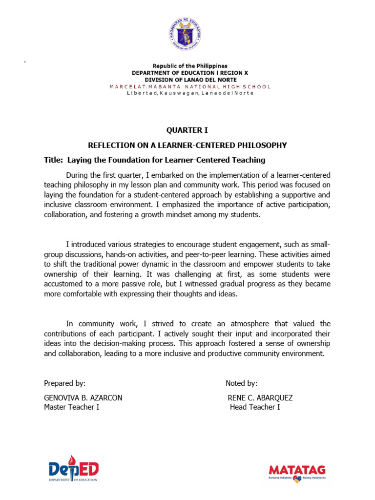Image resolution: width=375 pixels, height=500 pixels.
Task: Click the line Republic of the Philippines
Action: (x=189, y=66)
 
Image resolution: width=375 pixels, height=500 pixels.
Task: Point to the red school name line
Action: (x=189, y=86)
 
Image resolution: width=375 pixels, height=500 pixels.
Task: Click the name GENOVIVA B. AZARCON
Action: (x=83, y=398)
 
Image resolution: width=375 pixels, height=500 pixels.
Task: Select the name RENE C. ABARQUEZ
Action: (x=260, y=398)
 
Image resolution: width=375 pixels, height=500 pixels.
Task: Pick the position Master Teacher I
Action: (x=72, y=407)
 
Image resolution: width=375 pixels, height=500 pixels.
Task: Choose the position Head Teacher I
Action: (x=255, y=407)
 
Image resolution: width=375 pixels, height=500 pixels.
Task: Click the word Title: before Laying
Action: (x=53, y=160)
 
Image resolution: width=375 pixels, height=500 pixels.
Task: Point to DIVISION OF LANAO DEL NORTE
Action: (x=189, y=80)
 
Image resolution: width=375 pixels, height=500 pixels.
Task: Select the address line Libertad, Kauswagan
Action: (x=189, y=93)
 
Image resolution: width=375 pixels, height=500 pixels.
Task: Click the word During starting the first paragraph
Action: (x=79, y=175)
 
